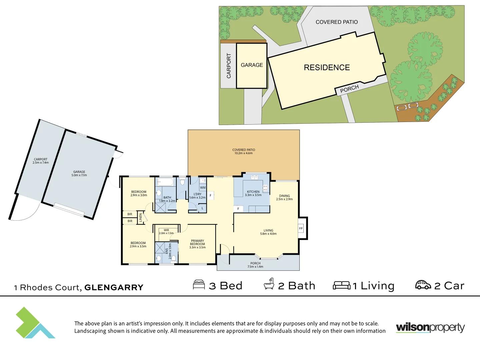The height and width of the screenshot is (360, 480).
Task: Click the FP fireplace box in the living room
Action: [x=301, y=228]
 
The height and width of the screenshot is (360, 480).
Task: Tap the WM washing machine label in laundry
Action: [x=203, y=188]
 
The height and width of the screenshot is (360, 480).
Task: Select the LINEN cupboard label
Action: [x=141, y=218]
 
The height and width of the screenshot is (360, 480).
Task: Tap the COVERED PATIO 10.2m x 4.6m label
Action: [x=244, y=151]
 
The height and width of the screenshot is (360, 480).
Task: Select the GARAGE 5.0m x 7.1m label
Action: [x=79, y=173]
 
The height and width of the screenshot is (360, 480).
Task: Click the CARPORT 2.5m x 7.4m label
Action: [x=41, y=161]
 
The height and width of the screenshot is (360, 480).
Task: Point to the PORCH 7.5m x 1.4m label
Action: [x=255, y=265]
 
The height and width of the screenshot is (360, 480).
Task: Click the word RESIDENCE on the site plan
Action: [x=327, y=68]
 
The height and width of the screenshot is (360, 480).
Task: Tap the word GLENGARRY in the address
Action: [x=114, y=287]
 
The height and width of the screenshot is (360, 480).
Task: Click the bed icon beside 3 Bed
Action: [x=199, y=285]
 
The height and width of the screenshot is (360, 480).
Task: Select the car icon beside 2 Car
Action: [x=423, y=285]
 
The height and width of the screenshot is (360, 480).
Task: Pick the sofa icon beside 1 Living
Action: [x=342, y=285]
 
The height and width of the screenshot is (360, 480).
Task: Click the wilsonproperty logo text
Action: [x=430, y=327]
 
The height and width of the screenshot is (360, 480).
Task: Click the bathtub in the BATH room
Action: [x=165, y=182]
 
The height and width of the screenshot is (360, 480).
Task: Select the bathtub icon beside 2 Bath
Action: [x=269, y=284]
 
